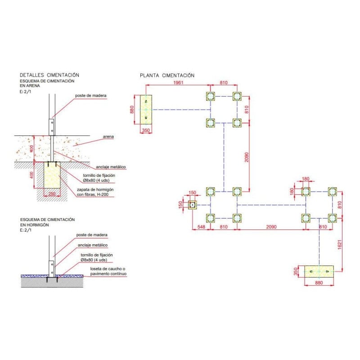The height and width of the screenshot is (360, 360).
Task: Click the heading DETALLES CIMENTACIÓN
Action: click(49, 75)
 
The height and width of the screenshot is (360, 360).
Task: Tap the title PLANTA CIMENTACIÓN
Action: click(167, 75)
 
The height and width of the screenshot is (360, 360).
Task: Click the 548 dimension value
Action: click(201, 227)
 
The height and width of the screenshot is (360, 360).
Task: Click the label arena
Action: click(108, 136)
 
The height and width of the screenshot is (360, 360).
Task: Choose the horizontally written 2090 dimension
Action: click(271, 227)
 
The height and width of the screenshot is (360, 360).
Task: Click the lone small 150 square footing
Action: click(193, 205)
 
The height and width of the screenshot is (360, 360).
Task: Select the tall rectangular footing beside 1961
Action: click(146, 109)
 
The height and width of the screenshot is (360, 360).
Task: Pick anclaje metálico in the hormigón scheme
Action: click(93, 245)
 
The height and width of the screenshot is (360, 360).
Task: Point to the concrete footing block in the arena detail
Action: click(52, 175)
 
